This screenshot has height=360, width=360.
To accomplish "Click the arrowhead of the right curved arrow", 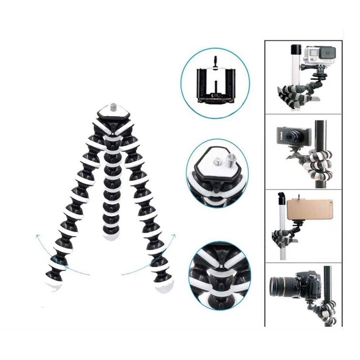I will click(x=174, y=235).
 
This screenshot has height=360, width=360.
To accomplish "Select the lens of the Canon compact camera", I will click(x=291, y=136).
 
